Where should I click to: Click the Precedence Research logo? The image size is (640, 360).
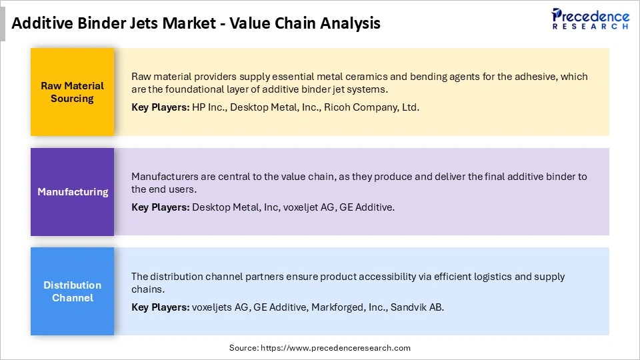[590, 19]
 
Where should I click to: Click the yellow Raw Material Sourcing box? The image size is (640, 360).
[72, 92]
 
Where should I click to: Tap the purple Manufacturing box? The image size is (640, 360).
[72, 192]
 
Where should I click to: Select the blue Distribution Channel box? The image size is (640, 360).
[72, 291]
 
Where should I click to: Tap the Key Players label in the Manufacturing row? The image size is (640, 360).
[160, 207]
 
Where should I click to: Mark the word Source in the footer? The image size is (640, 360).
[244, 347]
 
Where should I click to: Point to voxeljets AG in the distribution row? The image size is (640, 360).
[219, 307]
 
